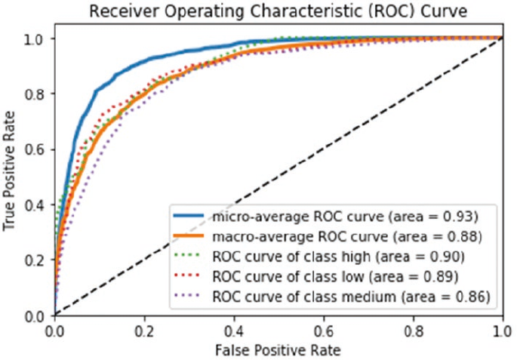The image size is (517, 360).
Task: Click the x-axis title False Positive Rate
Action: (x=279, y=350)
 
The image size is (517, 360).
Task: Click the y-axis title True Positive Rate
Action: (x=10, y=176)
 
